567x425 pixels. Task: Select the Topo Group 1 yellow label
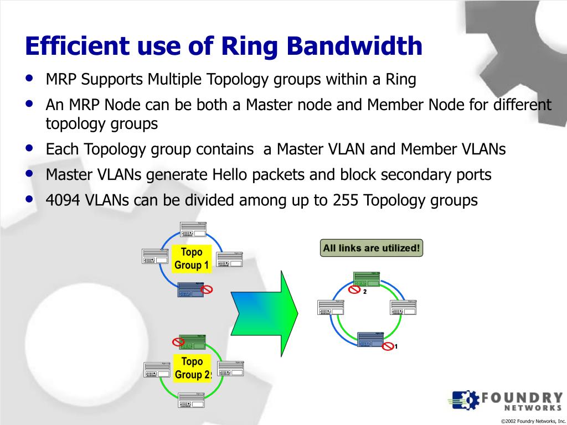tap(192, 258)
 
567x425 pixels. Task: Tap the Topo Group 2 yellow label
tap(192, 368)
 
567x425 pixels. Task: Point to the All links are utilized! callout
tap(371, 248)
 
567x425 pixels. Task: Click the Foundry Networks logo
tap(507, 400)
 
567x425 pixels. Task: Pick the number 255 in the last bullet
tap(346, 200)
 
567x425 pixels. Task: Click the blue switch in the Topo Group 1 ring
tap(191, 289)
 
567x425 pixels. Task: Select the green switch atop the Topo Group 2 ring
tap(192, 342)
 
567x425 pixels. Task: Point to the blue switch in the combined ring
tap(370, 340)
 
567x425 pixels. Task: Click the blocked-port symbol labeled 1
tap(389, 346)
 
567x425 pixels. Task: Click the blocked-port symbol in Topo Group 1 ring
tap(207, 289)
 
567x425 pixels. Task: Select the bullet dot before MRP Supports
tap(29, 79)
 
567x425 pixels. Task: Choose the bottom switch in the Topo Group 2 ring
tap(192, 400)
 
